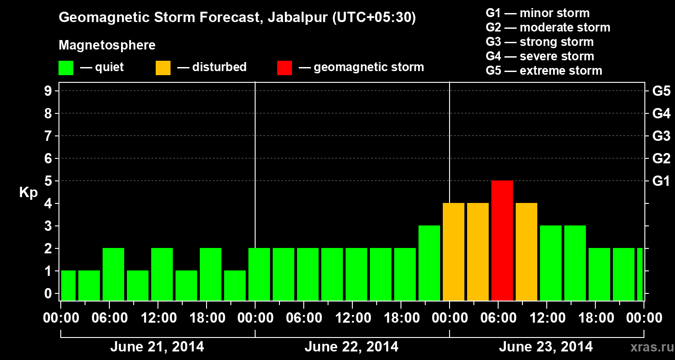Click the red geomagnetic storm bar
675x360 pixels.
click(502, 240)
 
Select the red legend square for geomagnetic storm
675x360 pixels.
click(284, 67)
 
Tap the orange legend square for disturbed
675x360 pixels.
click(163, 67)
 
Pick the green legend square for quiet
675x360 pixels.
click(66, 67)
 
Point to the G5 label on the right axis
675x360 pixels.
click(661, 91)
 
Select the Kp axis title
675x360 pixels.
click(28, 193)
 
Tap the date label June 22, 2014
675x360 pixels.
click(351, 347)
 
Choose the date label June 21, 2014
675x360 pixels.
click(157, 347)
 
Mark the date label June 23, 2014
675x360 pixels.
click(546, 347)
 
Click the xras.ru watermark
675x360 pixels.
click(649, 347)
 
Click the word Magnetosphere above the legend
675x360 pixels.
click(107, 45)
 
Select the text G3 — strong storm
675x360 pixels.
click(540, 42)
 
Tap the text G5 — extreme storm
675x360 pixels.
click(544, 71)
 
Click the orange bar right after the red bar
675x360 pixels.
click(526, 252)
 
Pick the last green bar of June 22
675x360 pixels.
click(429, 263)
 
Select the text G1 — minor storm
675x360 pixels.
click(537, 13)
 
